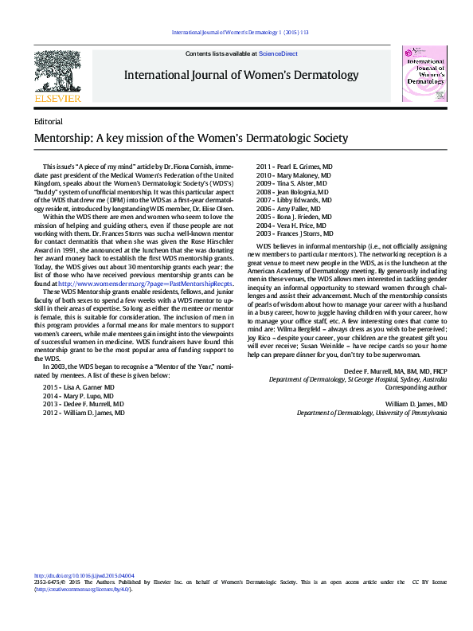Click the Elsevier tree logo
click(x=58, y=73)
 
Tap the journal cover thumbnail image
click(x=426, y=73)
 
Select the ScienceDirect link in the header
click(x=279, y=53)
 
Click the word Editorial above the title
click(x=49, y=121)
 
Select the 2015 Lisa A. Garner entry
click(x=79, y=386)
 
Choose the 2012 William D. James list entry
click(x=84, y=413)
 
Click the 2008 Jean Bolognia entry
click(x=291, y=192)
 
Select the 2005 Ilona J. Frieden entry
click(x=293, y=217)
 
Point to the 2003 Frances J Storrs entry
click(x=294, y=235)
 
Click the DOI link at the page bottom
click(x=84, y=575)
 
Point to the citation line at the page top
click(x=240, y=33)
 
